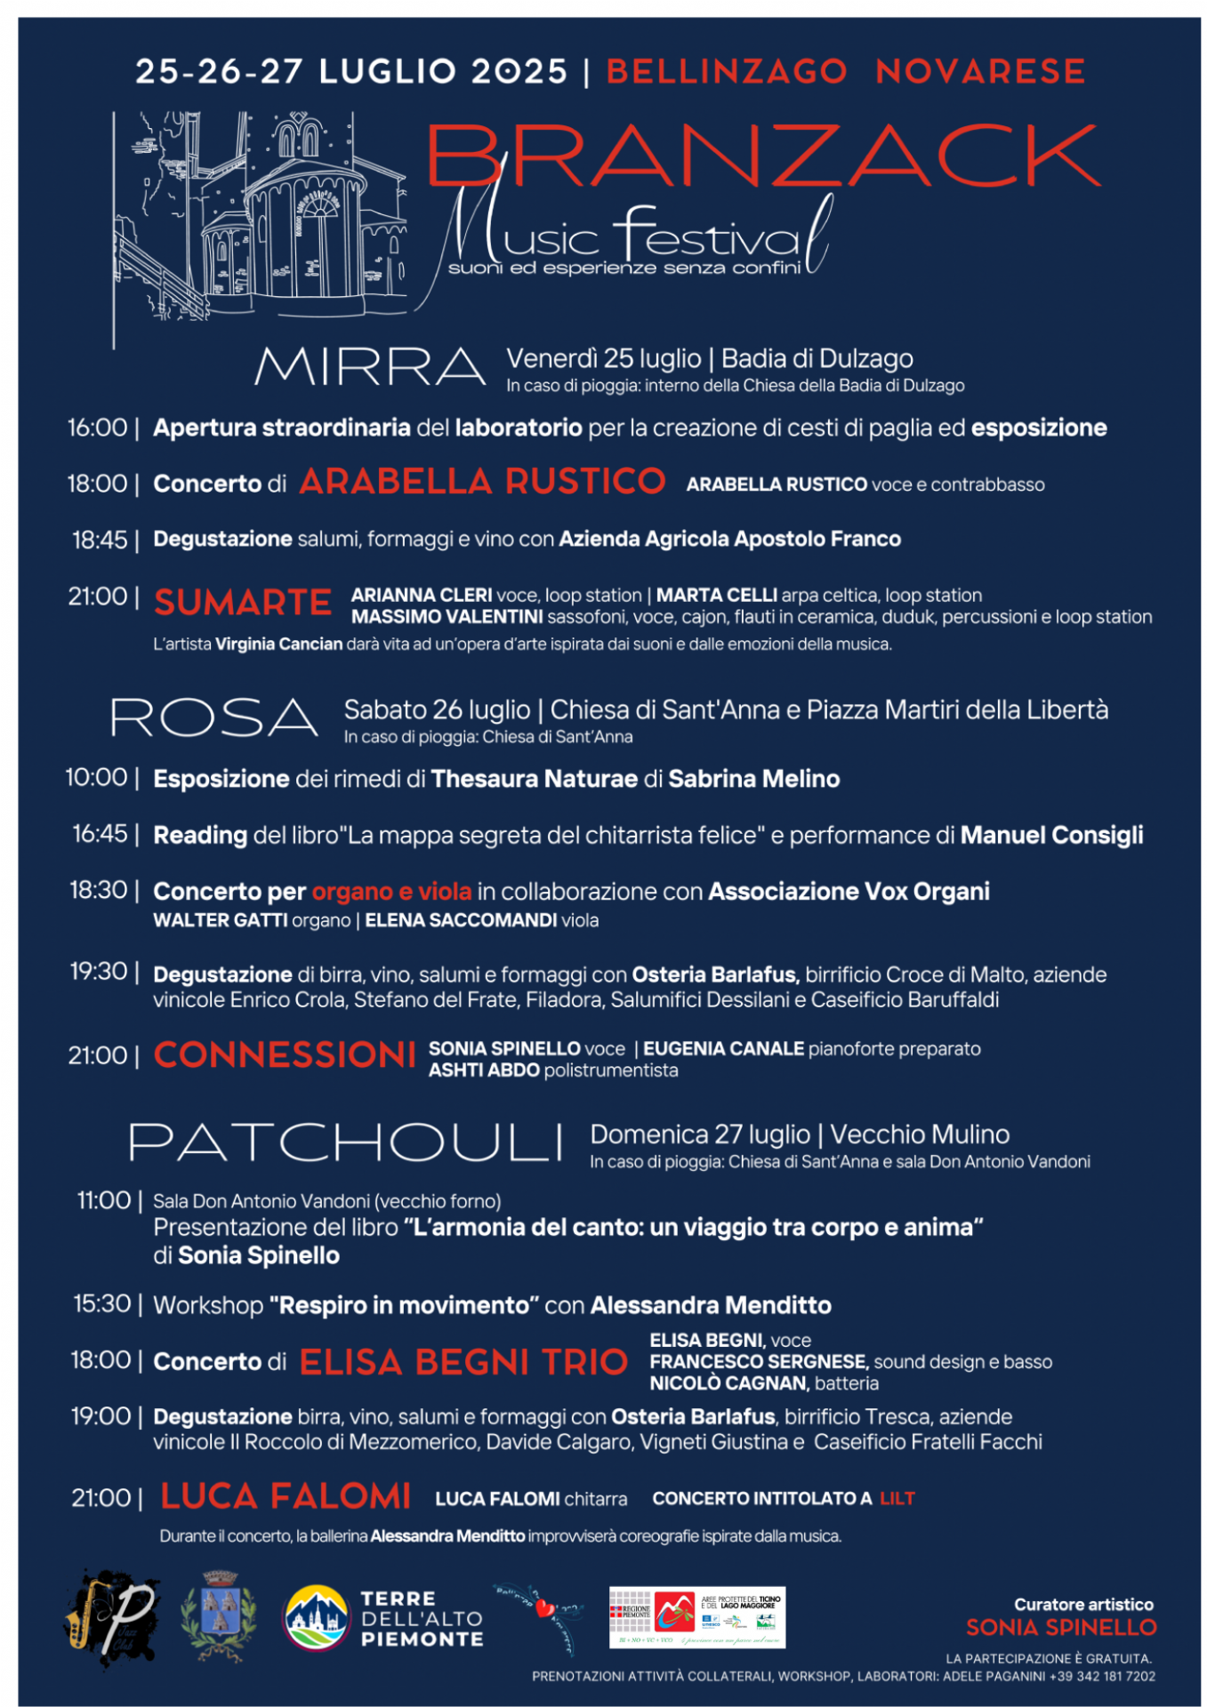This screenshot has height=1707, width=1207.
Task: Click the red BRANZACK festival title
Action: click(x=763, y=155)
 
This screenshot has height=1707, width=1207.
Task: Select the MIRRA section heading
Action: click(x=370, y=366)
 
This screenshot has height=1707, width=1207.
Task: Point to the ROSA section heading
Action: click(x=214, y=717)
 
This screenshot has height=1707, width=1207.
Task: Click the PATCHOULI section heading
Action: click(x=346, y=1142)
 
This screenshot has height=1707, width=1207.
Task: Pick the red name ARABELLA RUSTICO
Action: click(x=482, y=482)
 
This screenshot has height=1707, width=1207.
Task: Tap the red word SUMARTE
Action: click(x=243, y=603)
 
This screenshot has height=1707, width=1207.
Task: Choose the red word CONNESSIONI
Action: click(x=285, y=1055)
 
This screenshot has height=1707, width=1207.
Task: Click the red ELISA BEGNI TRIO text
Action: click(x=463, y=1362)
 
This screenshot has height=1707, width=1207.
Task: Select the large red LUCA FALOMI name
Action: click(x=286, y=1496)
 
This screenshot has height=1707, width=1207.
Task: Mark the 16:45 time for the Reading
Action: click(x=101, y=834)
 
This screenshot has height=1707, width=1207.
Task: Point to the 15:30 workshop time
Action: click(x=102, y=1304)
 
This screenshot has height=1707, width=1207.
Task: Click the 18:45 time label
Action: click(x=100, y=540)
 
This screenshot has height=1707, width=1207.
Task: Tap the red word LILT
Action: click(x=897, y=1499)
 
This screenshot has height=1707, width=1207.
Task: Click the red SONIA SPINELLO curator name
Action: click(x=1061, y=1627)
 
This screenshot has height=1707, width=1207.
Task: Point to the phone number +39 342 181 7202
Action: click(x=1102, y=1676)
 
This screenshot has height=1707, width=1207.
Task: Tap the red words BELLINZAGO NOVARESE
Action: click(x=845, y=71)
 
